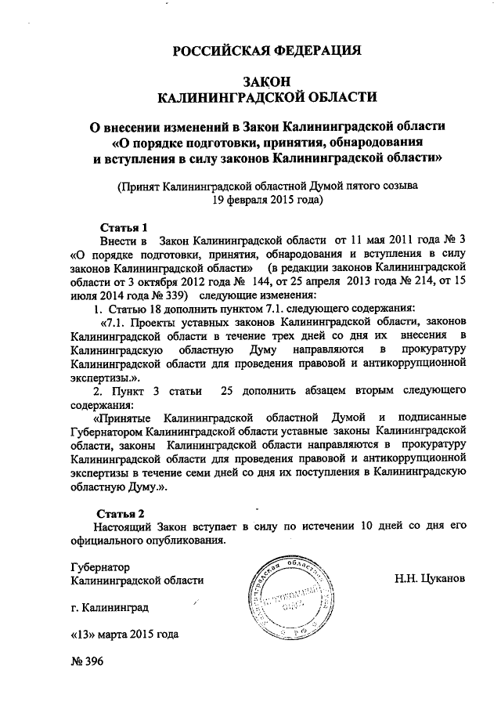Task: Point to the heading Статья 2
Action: click(x=125, y=514)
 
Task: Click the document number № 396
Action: click(x=87, y=660)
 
